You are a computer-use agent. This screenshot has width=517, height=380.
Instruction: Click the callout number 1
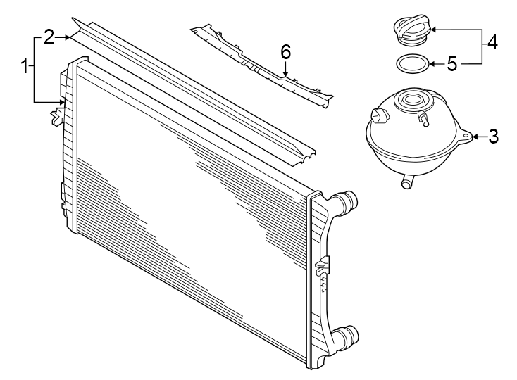pos(25,68)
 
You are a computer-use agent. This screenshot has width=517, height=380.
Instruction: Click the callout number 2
pos(49,37)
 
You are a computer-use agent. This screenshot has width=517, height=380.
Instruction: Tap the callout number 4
pos(492,42)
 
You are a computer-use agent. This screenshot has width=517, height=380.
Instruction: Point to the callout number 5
pos(452,64)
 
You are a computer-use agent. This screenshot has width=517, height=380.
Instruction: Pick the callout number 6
pos(285,51)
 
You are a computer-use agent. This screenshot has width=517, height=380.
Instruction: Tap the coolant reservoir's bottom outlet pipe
pos(406,183)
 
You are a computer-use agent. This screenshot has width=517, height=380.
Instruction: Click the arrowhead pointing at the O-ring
pos(431,64)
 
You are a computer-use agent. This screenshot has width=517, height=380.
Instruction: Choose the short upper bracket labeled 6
pos(261,63)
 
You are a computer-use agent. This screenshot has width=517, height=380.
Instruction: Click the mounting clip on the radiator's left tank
pos(55,115)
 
